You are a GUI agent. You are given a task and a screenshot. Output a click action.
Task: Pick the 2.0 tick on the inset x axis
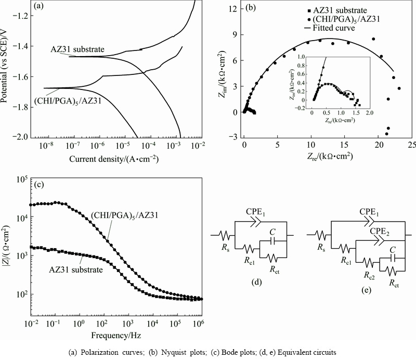369,112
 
